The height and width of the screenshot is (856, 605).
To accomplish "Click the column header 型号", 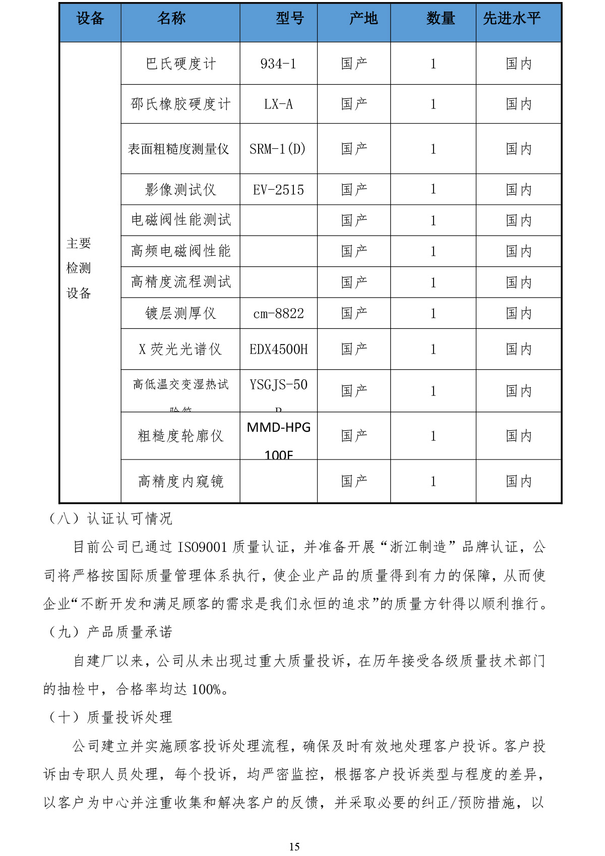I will coord(290,19).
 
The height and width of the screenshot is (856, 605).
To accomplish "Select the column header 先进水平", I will coord(511,19).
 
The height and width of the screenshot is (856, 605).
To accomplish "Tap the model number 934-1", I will coord(278,64).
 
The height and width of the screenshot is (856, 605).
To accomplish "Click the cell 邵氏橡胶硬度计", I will coord(180,104).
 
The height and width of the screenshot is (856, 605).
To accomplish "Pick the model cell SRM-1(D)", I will coord(278,149).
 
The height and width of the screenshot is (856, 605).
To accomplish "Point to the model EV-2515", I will coord(278,190).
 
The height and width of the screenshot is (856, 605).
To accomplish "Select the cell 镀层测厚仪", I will coord(180,314).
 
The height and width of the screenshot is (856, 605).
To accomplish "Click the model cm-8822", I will coord(278,314).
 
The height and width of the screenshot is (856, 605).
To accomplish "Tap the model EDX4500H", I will coord(278,350).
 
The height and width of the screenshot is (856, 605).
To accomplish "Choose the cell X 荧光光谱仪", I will coord(180,350).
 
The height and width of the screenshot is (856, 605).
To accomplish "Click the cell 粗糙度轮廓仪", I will coord(180,436).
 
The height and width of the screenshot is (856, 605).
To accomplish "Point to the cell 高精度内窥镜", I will coord(180,482).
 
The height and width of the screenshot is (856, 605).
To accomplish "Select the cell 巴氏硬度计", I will coord(180,64).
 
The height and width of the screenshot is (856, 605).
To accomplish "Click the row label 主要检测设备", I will coord(79,268).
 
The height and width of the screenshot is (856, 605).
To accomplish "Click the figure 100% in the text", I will coord(206,690).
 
